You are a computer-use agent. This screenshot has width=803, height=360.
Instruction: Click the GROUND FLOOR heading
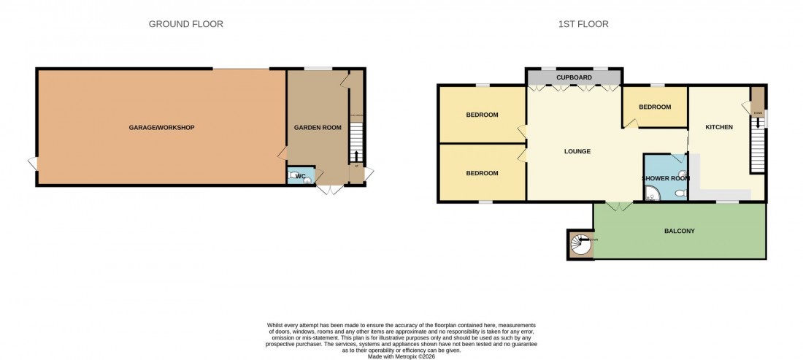185,24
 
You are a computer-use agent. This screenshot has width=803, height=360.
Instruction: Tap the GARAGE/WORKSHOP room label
162,128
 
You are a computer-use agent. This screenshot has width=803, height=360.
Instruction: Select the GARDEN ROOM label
318,128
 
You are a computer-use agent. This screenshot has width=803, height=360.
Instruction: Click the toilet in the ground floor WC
306,177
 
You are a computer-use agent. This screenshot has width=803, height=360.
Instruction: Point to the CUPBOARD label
574,77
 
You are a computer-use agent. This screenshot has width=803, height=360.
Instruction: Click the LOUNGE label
577,151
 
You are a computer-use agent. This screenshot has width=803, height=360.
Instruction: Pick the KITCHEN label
718,128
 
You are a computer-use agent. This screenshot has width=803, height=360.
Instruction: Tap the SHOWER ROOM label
665,178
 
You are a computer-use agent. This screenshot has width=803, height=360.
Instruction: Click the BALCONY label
679,231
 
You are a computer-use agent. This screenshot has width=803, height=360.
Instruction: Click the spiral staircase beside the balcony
581,245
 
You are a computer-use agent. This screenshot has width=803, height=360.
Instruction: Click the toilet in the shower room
680,194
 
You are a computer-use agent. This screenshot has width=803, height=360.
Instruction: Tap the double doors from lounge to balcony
619,207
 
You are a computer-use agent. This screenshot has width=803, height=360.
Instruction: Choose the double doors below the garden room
331,190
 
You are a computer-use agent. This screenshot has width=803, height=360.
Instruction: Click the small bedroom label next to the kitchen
654,107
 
